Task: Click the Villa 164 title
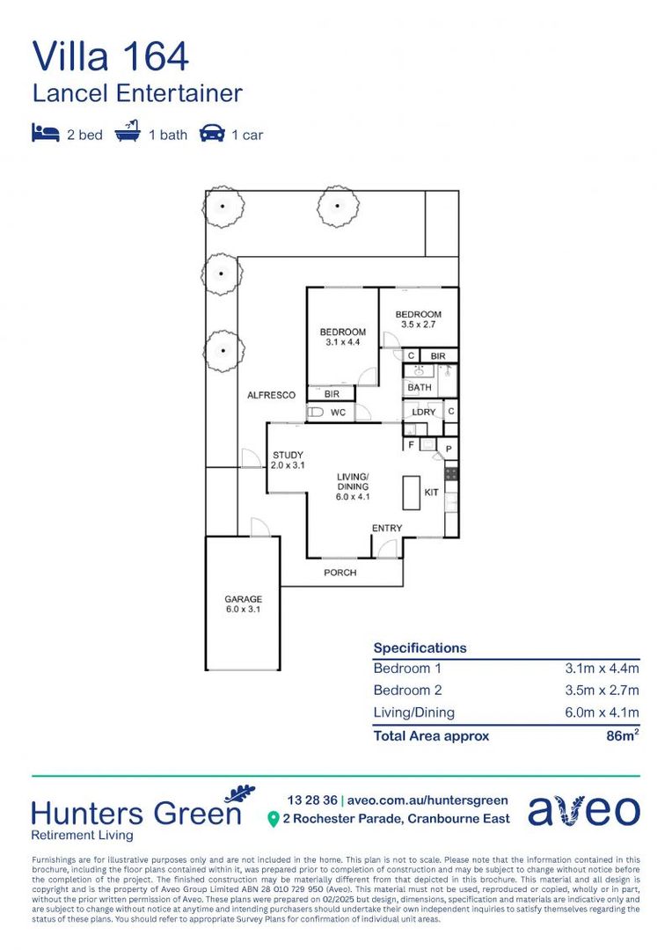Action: [111, 56]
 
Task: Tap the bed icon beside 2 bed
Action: [45, 134]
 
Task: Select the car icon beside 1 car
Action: [211, 134]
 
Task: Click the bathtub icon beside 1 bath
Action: [128, 134]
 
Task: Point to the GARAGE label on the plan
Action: [243, 600]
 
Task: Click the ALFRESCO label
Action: [271, 396]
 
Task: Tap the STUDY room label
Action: [287, 455]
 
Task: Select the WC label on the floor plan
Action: [338, 413]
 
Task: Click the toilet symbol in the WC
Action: [316, 412]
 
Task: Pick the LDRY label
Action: [424, 412]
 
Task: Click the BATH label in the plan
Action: [420, 387]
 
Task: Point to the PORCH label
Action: [340, 573]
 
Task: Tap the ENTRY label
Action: [387, 529]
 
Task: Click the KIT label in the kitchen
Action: [432, 493]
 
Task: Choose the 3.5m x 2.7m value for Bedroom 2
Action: [602, 691]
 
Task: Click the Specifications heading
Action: [420, 648]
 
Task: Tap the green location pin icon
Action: [273, 819]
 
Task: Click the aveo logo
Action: [584, 809]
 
